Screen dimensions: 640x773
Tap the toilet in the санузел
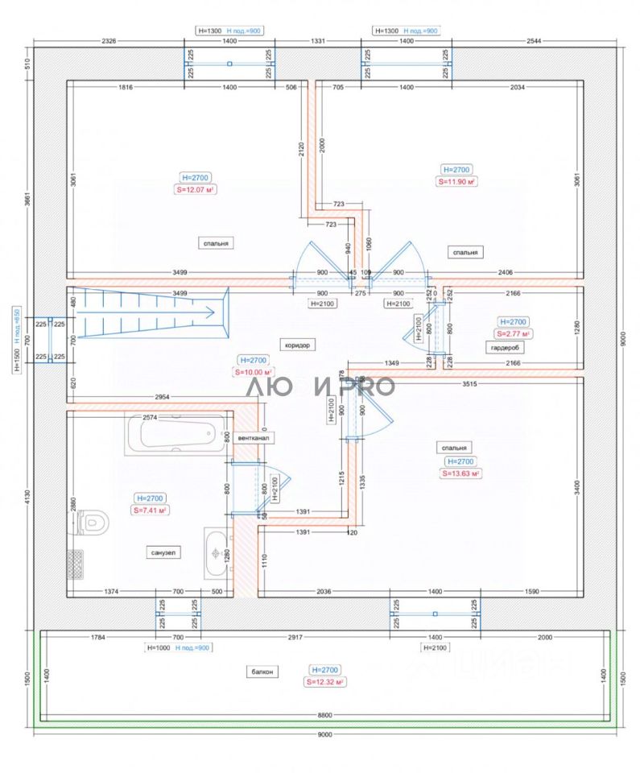coord(93,522)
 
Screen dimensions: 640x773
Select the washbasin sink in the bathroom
coord(215,552)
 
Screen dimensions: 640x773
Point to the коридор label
coord(297,345)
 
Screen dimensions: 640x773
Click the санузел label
coord(163,552)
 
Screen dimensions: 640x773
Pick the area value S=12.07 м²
coord(198,190)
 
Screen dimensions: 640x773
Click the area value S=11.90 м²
coord(456,182)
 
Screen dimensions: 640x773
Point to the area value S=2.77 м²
coord(513,333)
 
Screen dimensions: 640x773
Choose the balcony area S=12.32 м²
coord(325,682)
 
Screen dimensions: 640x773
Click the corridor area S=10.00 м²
coord(254,373)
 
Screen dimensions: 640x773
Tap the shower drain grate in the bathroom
coord(76,560)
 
